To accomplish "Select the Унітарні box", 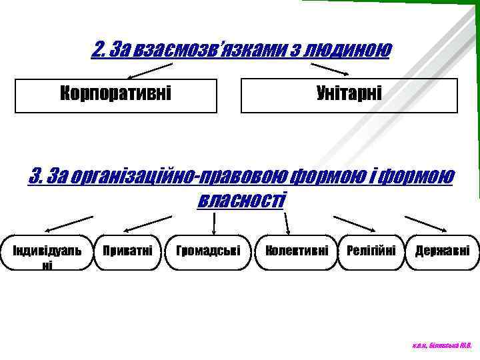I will (349, 95).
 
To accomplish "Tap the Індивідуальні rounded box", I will (45, 253).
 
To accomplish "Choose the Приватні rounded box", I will (128, 252).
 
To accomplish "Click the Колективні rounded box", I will (296, 252).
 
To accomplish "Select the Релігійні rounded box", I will (371, 252).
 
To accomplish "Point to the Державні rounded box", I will (442, 252).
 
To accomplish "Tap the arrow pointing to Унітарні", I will (331, 69).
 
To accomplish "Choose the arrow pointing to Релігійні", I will (354, 223).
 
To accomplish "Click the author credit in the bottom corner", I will (442, 346).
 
